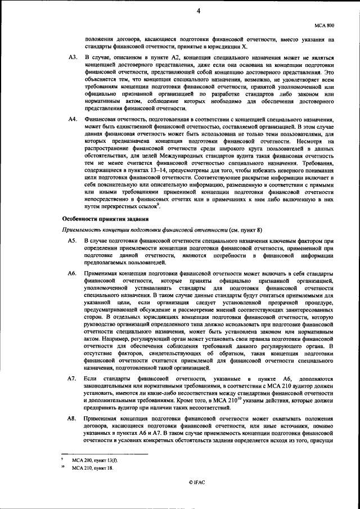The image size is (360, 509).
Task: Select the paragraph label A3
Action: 72,58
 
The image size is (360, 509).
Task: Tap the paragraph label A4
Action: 72,120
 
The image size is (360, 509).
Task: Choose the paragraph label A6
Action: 72,272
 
